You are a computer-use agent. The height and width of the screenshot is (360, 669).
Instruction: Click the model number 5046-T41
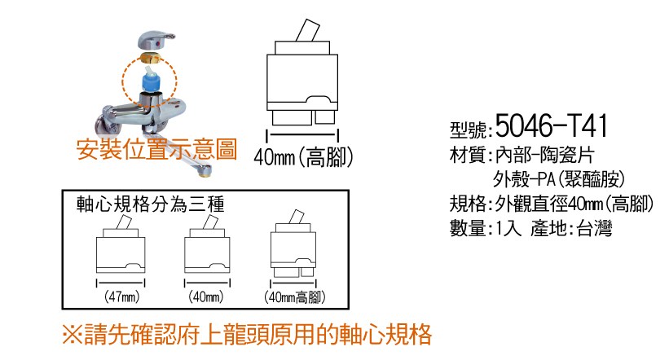[x=551, y=125]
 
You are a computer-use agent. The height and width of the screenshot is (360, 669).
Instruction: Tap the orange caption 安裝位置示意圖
[x=156, y=150]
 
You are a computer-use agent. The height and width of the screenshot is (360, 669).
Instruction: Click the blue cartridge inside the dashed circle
[x=150, y=79]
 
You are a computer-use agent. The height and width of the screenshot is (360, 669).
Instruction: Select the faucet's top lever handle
[x=156, y=41]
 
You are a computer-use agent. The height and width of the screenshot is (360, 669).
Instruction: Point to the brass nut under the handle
[x=150, y=58]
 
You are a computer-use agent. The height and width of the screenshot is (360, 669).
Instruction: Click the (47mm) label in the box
[x=121, y=296]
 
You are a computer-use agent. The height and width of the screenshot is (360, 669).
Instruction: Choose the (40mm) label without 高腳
[x=206, y=296]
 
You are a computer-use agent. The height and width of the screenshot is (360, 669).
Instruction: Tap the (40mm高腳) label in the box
[x=294, y=296]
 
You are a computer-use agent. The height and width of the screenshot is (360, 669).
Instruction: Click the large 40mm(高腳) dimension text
[x=303, y=157]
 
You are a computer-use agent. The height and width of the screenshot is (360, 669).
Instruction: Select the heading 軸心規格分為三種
[x=151, y=204]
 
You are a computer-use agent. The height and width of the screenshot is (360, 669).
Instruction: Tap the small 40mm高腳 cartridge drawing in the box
[x=293, y=244]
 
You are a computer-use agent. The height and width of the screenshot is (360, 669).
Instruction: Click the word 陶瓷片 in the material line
[x=567, y=156]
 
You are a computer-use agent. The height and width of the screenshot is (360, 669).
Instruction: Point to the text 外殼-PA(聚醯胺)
[x=559, y=179]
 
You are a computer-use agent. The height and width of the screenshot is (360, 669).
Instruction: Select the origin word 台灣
[x=595, y=229]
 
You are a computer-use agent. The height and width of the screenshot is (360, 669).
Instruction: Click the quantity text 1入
[x=508, y=229]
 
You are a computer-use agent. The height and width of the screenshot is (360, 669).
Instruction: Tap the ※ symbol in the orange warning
[x=73, y=335]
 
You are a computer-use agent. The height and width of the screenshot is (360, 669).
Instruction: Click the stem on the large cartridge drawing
[x=307, y=31]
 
